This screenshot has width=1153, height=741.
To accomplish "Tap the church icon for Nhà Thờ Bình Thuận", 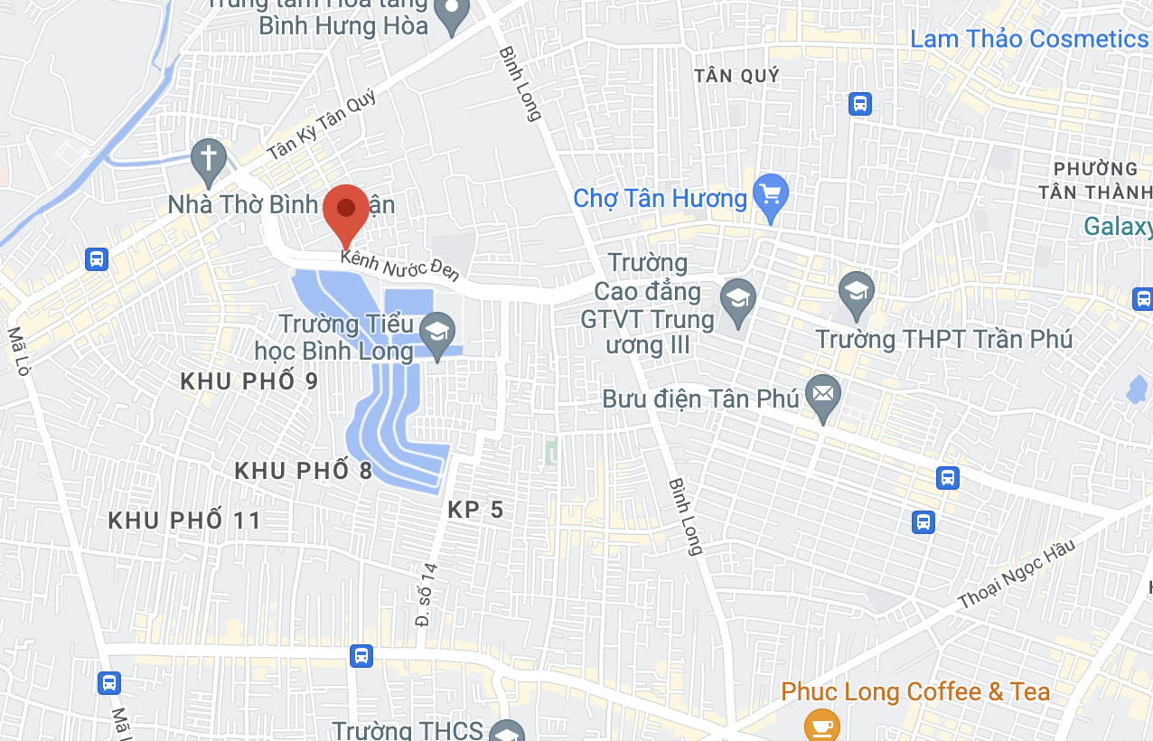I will (209, 159).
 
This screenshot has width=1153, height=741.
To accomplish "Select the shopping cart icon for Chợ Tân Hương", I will (771, 195).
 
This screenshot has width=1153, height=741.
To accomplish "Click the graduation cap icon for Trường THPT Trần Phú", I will (856, 292).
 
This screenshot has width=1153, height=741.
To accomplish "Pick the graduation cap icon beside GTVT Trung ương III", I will (737, 299).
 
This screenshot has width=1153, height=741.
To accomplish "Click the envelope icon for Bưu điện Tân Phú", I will (822, 395).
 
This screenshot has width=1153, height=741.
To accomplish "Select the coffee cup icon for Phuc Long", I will (821, 725).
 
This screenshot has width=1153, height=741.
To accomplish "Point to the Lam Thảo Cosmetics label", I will (1028, 39).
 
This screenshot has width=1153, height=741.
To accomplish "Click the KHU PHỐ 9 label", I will (249, 381).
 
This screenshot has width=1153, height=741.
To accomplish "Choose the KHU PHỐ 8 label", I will (304, 471).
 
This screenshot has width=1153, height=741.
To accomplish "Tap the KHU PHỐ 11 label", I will (184, 521).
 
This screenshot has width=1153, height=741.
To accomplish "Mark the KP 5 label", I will (475, 511).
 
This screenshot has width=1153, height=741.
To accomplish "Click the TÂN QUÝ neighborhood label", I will (736, 76).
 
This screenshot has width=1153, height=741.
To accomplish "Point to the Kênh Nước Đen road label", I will (400, 266).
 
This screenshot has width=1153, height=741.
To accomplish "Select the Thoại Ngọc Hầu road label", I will (1017, 574).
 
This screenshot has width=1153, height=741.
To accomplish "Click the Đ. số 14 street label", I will (427, 595).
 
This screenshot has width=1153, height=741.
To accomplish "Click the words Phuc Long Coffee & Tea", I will (915, 692).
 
